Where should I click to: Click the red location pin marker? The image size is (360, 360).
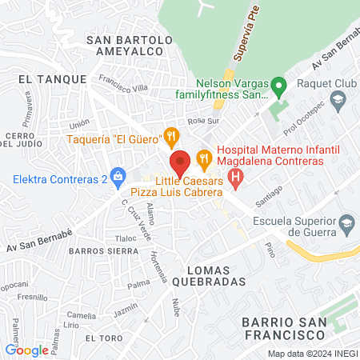click(x=180, y=162)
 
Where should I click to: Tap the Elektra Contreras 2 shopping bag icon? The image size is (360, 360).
click(x=118, y=174)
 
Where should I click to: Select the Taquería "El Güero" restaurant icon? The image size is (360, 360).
click(x=170, y=137)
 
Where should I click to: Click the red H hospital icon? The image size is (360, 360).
click(x=235, y=177)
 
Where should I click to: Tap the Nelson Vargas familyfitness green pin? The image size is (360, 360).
click(x=278, y=85)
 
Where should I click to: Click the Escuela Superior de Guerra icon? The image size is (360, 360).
click(x=346, y=221)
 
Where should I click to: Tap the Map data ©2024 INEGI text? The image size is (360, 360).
click(x=311, y=354)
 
